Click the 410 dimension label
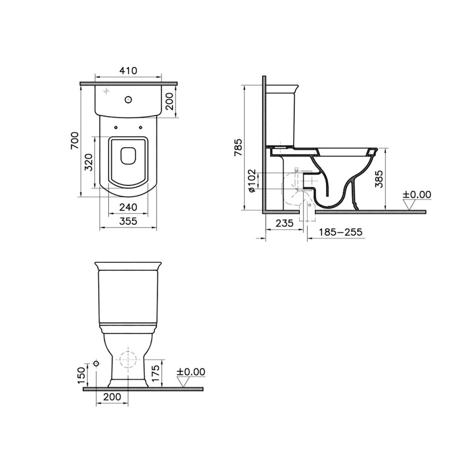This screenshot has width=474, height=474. tap(128, 71)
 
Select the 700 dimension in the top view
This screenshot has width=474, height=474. tap(75, 141)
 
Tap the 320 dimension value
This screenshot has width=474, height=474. tap(88, 162)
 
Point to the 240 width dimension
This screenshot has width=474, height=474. tap(128, 207)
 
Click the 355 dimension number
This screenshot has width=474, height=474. tap(128, 221)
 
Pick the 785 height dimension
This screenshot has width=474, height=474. tap(238, 148)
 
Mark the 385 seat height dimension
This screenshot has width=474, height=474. tap(379, 179)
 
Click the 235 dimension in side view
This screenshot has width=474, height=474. tap(284, 223)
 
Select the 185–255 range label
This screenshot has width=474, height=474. tap(340, 232)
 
